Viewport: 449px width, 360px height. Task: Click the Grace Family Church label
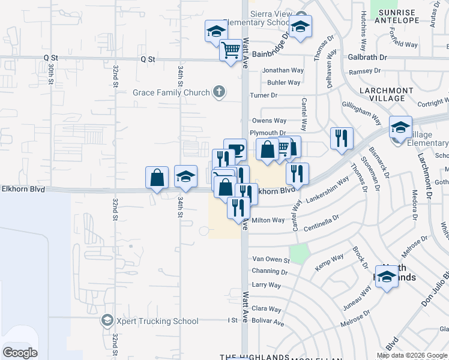coord(171,92)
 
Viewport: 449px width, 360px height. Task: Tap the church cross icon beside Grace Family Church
coord(220,92)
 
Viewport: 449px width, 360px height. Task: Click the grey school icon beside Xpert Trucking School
coord(107,321)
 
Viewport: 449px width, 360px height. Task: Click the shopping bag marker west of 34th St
coord(157,178)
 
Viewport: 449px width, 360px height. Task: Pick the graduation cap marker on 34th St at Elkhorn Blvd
coord(186,176)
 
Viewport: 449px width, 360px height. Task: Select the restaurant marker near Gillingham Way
coord(342,138)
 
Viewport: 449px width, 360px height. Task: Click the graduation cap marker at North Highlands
coord(387,277)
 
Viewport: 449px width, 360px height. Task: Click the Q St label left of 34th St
coord(148,59)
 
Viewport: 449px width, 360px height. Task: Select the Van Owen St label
coord(270,260)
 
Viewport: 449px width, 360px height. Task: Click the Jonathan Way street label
coord(283,70)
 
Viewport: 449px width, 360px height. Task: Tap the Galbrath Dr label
coord(367,58)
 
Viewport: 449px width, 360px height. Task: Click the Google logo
coord(20,353)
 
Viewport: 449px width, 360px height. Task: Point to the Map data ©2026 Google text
coord(411,355)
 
